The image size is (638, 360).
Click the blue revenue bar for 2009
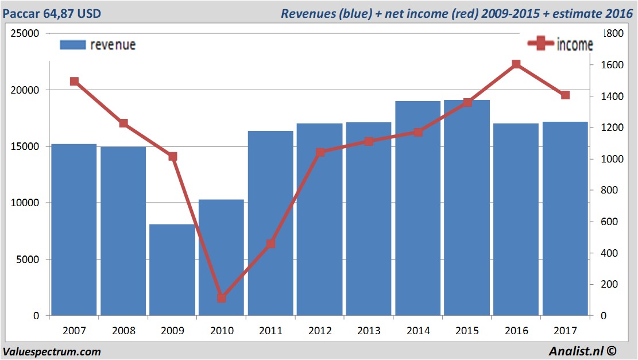(172, 270)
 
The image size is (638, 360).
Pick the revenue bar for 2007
(74, 230)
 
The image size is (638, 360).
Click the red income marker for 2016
(516, 64)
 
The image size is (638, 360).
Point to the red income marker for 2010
(222, 298)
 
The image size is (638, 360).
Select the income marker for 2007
(74, 82)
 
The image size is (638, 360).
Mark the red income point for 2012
(320, 152)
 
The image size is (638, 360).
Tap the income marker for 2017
(565, 95)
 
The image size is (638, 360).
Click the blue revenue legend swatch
(72, 45)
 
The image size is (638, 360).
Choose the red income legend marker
(541, 44)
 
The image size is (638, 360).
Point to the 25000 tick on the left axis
(26, 33)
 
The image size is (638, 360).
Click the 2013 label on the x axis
(369, 331)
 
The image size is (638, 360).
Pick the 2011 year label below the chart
(270, 331)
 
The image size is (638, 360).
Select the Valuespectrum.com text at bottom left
(52, 351)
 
